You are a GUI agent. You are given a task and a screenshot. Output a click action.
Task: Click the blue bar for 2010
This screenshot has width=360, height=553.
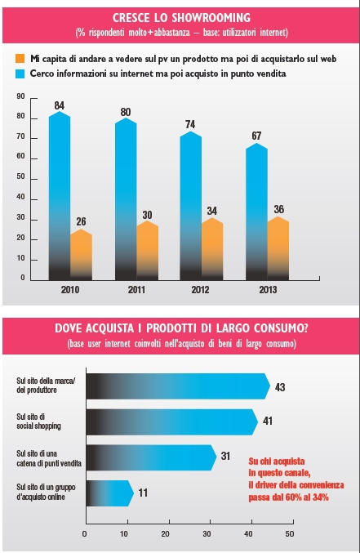(x=60, y=196)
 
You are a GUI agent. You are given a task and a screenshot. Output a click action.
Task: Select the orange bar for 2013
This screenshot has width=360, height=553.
(x=278, y=248)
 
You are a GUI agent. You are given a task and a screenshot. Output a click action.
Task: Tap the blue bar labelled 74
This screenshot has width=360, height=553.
(x=191, y=206)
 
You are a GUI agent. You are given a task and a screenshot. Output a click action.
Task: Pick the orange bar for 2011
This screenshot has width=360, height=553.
(x=147, y=251)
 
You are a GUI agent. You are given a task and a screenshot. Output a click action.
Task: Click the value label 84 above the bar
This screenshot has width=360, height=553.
(x=60, y=105)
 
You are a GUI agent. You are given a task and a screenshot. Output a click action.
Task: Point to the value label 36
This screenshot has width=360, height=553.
(x=279, y=209)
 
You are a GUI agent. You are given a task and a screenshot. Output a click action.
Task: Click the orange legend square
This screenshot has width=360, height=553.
(x=20, y=59)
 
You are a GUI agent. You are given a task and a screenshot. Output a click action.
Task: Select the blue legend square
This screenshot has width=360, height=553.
(x=20, y=74)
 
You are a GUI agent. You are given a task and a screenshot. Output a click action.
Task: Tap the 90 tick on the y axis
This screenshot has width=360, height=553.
(x=20, y=96)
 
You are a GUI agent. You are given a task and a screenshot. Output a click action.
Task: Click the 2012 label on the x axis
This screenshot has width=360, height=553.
(x=200, y=290)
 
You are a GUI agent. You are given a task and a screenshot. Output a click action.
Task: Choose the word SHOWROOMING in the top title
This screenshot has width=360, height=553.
(x=211, y=18)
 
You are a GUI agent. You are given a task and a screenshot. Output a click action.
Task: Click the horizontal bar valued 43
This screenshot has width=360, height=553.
(x=178, y=386)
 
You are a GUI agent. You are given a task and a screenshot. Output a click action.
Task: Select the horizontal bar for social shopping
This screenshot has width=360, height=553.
(x=172, y=421)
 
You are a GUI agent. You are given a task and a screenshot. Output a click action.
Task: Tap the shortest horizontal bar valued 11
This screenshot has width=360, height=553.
(x=110, y=493)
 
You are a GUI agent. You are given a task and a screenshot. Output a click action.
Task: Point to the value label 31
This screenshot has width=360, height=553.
(x=225, y=456)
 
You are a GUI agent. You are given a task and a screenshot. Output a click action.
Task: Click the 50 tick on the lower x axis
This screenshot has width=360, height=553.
(x=290, y=534)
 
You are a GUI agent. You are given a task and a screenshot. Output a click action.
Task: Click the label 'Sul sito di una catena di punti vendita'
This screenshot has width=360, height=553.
(x=49, y=458)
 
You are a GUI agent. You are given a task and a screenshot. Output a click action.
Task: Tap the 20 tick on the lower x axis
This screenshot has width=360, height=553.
(x=166, y=534)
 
